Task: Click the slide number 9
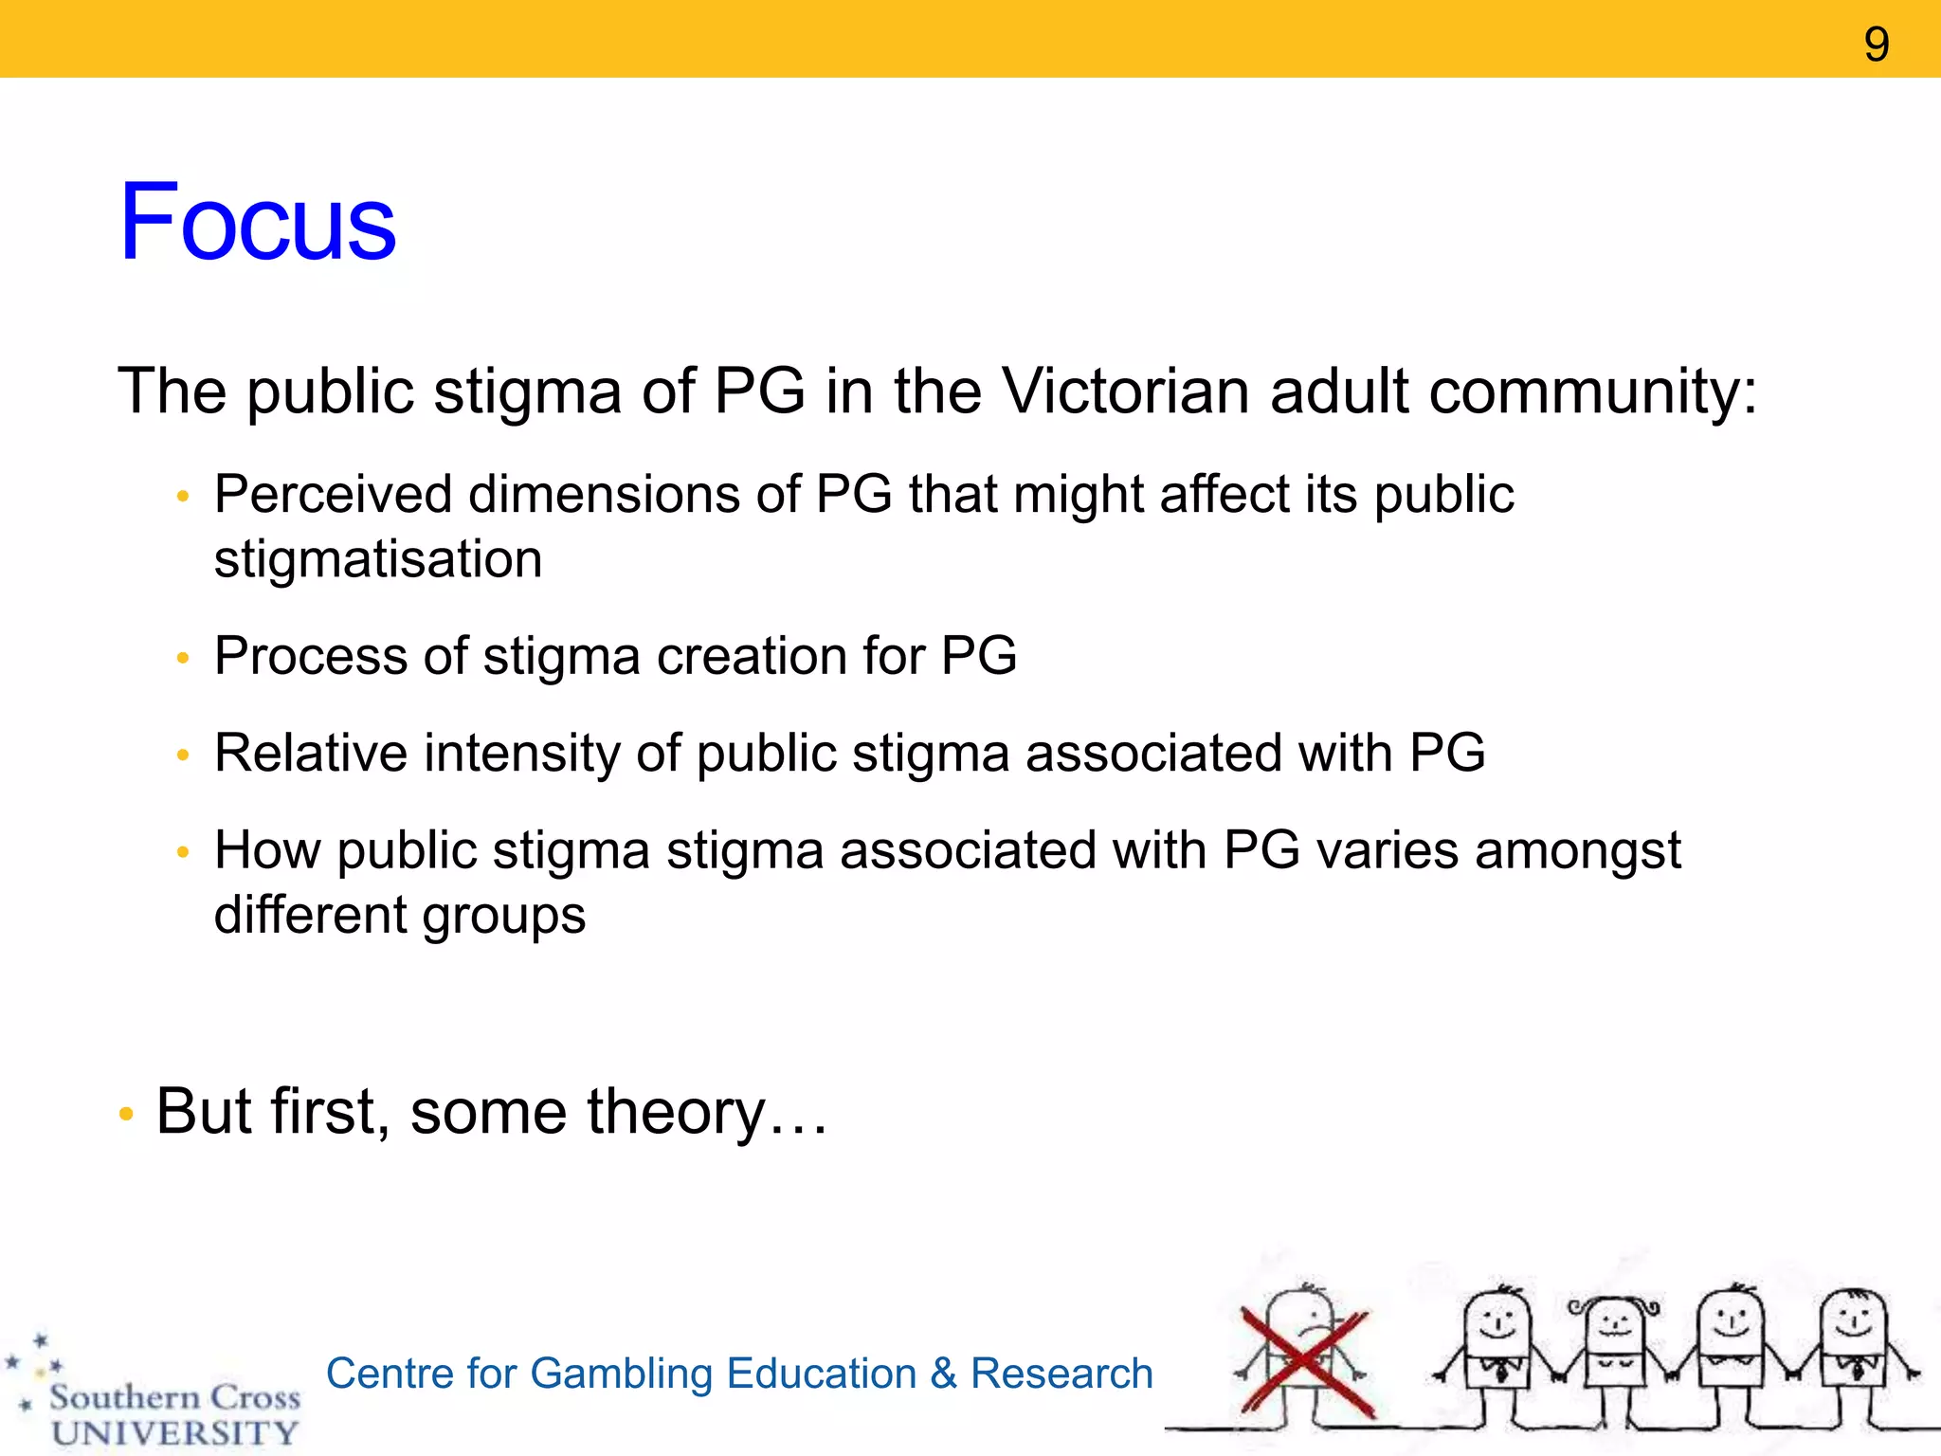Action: (x=1876, y=45)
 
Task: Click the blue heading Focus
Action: (x=257, y=223)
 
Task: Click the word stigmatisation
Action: (x=378, y=559)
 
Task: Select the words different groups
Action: (x=399, y=916)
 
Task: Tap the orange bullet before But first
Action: (x=126, y=1114)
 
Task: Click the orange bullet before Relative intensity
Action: (x=184, y=755)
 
